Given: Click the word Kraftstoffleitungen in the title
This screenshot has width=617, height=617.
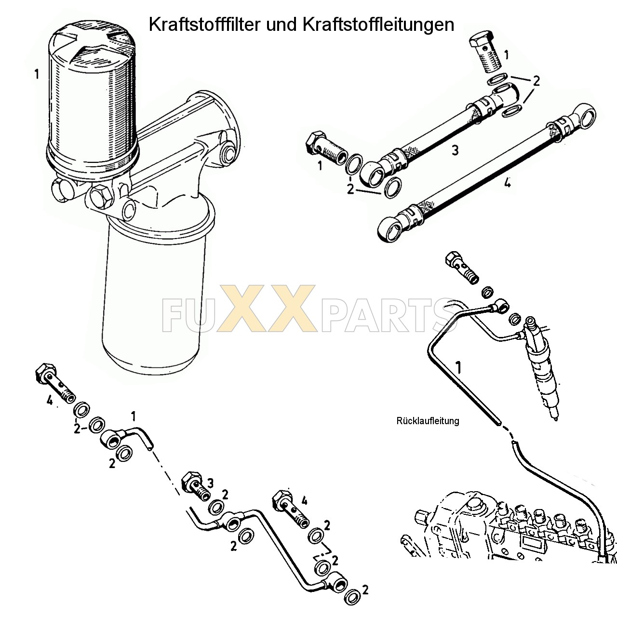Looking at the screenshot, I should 378,24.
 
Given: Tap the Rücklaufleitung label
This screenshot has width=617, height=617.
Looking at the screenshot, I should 428,421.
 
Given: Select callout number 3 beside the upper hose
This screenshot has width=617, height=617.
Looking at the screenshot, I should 455,150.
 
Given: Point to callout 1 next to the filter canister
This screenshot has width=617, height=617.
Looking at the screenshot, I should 37,75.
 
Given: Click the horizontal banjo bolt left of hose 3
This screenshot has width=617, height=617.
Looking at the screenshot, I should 326,148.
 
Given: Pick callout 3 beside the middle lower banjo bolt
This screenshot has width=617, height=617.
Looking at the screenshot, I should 210,483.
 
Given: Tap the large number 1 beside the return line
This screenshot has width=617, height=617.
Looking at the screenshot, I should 458,368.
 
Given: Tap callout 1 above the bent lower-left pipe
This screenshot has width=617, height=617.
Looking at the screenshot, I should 133,415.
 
